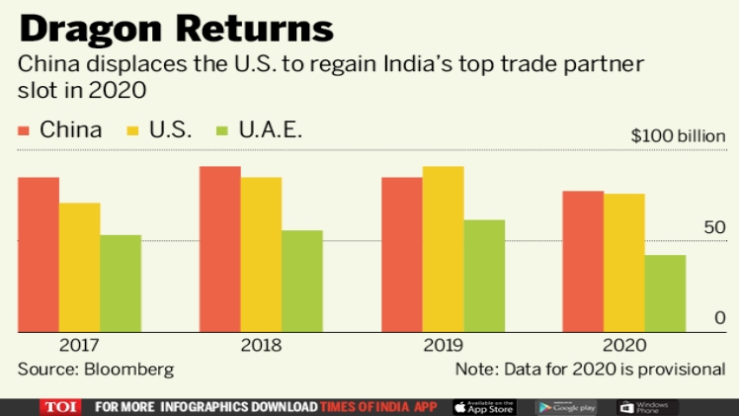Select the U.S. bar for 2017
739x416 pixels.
click(x=79, y=268)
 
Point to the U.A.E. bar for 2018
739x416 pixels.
click(x=302, y=282)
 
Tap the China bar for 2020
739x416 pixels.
click(x=583, y=262)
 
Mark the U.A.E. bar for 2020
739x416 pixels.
click(x=665, y=293)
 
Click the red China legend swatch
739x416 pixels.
click(x=26, y=130)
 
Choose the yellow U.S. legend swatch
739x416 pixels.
click(x=135, y=130)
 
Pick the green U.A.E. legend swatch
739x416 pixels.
click(x=222, y=130)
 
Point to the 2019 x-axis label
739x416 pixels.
click(x=443, y=346)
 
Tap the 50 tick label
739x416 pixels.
click(x=715, y=228)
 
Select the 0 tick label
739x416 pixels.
click(x=720, y=317)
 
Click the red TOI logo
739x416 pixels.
click(x=61, y=406)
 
